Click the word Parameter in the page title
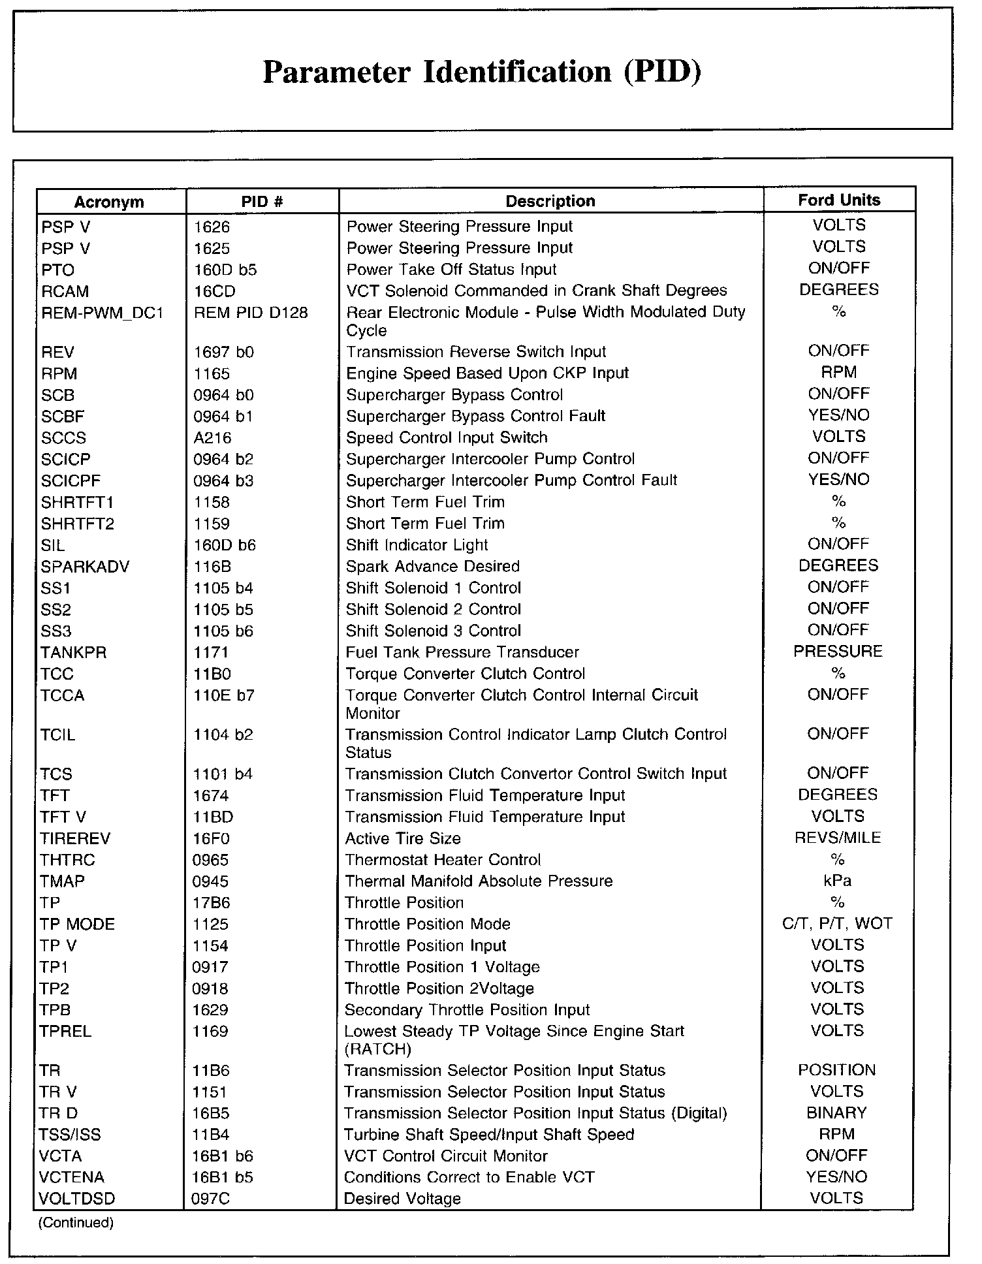coord(336,72)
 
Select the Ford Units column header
coord(839,200)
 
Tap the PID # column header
coord(262,201)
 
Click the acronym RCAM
coord(65,291)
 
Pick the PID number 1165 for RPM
coord(212,373)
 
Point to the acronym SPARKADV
coord(84,567)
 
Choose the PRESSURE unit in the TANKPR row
coord(838,651)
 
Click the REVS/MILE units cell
coord(837,838)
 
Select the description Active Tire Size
coord(403,838)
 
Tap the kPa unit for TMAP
coord(837,881)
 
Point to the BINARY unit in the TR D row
coord(836,1113)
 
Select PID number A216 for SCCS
coord(212,437)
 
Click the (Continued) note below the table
coord(76,1223)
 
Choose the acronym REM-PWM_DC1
coord(102,313)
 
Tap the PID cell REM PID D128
coord(251,313)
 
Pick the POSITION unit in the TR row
coord(836,1070)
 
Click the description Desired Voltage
coord(402,1199)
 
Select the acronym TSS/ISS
coord(70,1135)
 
